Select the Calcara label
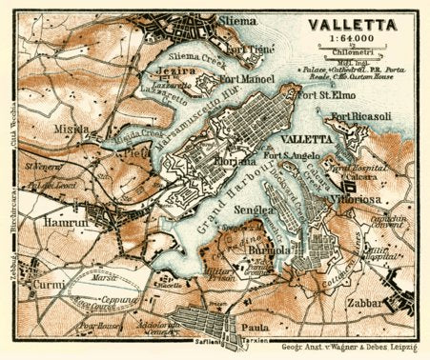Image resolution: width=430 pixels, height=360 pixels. point(371,172)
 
